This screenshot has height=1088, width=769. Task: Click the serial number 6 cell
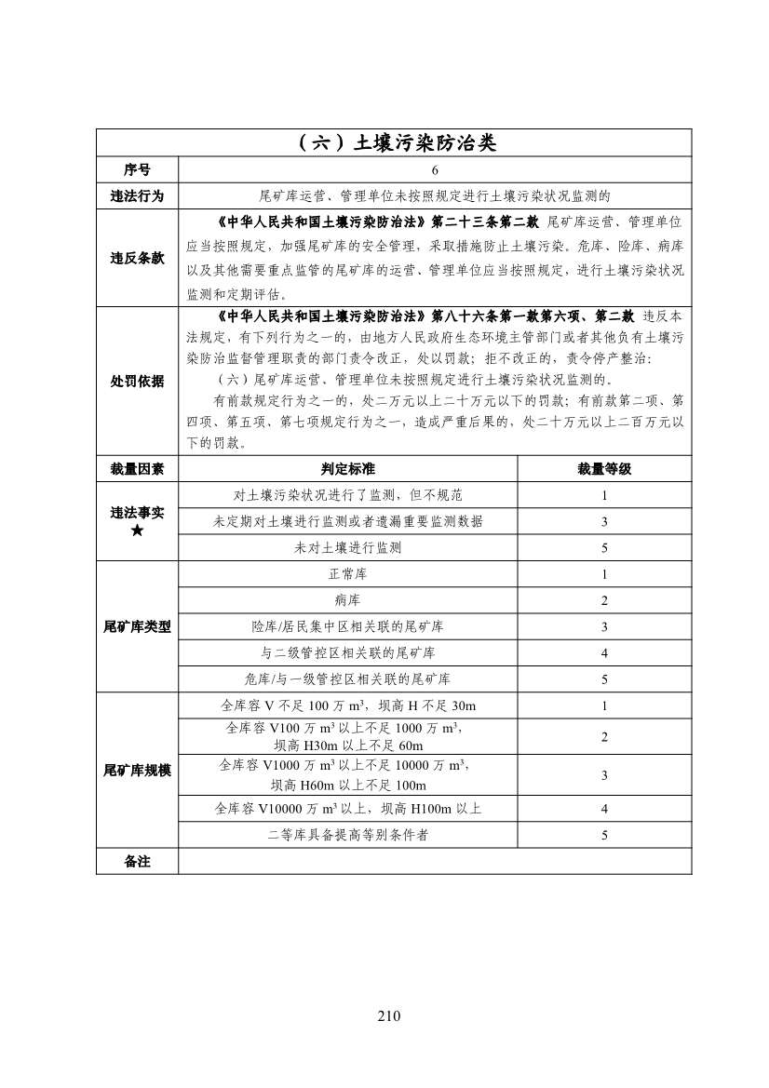pyautogui.click(x=434, y=170)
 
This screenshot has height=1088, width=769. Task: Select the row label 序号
pyautogui.click(x=137, y=170)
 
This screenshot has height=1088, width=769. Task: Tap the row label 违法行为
pyautogui.click(x=137, y=196)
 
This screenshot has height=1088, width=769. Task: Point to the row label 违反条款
pyautogui.click(x=137, y=258)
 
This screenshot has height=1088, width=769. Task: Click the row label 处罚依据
pyautogui.click(x=137, y=381)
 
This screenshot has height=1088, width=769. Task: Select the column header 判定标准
pyautogui.click(x=347, y=469)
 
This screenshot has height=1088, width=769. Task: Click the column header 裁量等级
pyautogui.click(x=604, y=469)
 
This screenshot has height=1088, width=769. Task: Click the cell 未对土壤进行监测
pyautogui.click(x=347, y=548)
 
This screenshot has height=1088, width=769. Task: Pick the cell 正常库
pyautogui.click(x=347, y=574)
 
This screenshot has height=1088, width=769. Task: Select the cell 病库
pyautogui.click(x=347, y=600)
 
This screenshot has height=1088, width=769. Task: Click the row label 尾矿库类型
pyautogui.click(x=137, y=626)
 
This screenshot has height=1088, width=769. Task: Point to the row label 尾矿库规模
pyautogui.click(x=137, y=771)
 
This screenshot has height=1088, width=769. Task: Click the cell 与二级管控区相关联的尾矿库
pyautogui.click(x=347, y=652)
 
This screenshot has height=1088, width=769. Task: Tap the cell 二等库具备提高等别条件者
pyautogui.click(x=347, y=835)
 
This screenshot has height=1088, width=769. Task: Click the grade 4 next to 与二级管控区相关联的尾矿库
pyautogui.click(x=604, y=652)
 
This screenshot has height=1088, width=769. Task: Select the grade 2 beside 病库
pyautogui.click(x=604, y=600)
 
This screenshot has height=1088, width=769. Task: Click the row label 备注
pyautogui.click(x=137, y=862)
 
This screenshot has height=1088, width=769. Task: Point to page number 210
pyautogui.click(x=389, y=1015)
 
